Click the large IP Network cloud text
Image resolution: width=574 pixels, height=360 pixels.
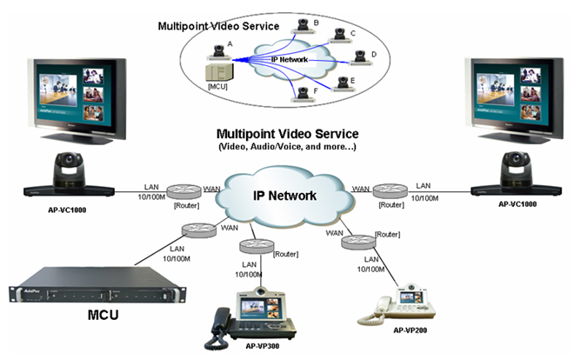pos(284,197)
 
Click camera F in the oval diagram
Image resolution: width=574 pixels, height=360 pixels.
pos(302,91)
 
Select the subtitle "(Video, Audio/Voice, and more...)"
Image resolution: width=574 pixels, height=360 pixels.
pos(287,149)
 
